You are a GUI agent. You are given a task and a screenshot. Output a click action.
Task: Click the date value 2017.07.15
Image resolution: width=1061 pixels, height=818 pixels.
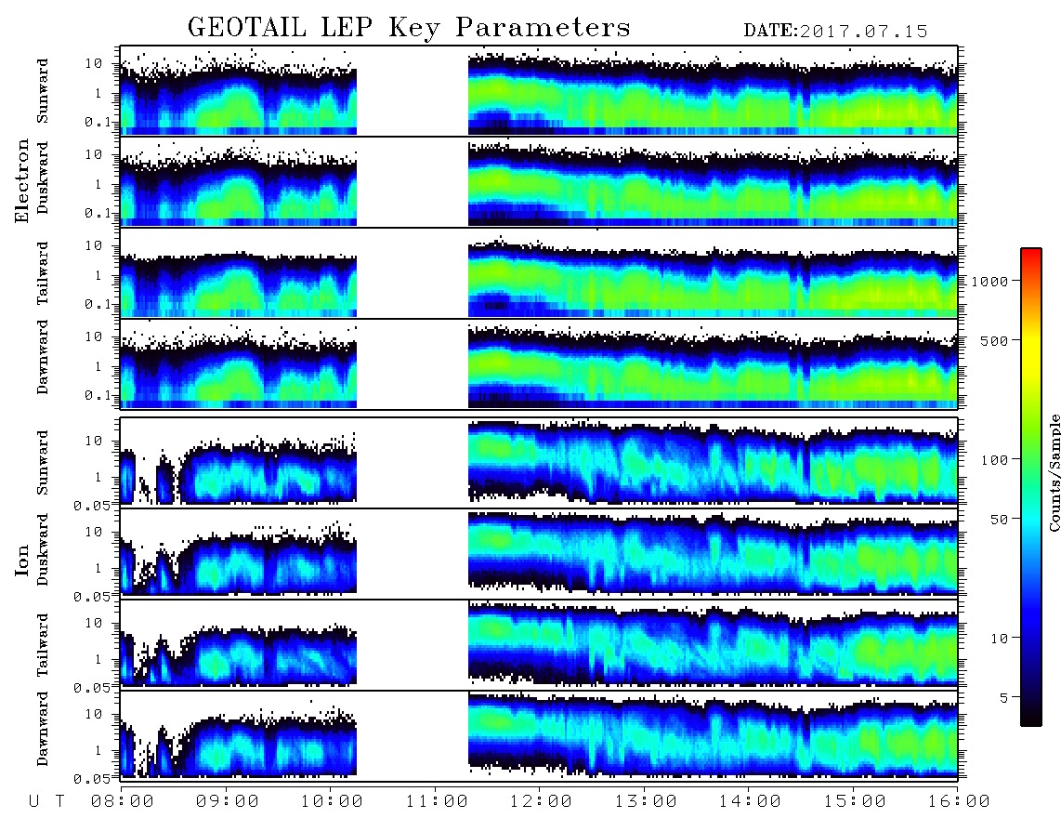coord(864,32)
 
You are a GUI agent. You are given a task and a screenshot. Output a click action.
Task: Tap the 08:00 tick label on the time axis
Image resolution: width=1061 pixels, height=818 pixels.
coord(122,801)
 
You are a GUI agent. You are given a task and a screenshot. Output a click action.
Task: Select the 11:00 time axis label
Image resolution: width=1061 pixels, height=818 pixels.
coord(437,801)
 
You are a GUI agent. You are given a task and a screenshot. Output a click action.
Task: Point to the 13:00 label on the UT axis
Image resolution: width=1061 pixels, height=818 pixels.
coord(646,801)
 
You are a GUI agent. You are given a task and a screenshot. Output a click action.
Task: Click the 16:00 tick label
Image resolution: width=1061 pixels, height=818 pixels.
coord(959,801)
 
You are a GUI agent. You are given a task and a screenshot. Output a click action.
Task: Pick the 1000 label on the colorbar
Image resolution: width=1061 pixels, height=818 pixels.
coord(990,281)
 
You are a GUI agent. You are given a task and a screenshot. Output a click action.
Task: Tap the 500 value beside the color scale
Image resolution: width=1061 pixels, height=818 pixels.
coord(995,340)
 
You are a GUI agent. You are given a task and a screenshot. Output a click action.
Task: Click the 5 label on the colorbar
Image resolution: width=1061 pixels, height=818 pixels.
coord(1004,697)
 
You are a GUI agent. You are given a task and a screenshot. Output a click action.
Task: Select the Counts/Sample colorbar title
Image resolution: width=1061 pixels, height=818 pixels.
coord(1054,473)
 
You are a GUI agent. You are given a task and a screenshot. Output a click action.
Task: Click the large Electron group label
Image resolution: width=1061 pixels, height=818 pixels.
coord(22,181)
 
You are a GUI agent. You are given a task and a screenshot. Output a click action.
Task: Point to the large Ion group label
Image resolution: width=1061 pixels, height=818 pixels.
coord(22,561)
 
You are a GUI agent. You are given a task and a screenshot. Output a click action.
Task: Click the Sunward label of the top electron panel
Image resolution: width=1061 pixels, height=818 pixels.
coord(43,91)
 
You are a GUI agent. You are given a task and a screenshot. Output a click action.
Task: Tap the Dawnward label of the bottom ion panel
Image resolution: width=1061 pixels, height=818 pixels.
coord(43,728)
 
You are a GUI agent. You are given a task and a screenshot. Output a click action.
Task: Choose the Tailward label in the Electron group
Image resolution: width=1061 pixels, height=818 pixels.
coord(43,273)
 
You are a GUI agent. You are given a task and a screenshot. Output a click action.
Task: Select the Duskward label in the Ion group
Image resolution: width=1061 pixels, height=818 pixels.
coord(43,549)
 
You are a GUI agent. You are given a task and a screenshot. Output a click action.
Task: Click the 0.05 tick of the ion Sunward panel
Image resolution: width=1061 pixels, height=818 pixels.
coord(96,505)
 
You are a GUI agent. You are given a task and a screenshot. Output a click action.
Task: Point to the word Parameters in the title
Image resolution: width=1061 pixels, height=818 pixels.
coord(543,28)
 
